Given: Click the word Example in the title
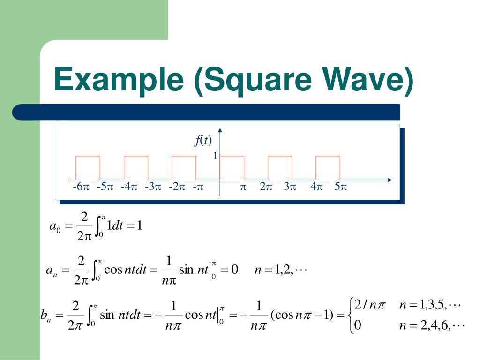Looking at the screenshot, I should point(119,79).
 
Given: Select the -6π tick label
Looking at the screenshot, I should point(81,187).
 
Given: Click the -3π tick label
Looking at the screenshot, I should point(153,187).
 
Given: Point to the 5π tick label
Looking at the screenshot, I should point(340,187).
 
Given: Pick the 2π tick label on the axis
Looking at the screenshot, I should point(266,187).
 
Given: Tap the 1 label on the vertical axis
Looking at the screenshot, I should point(215,156).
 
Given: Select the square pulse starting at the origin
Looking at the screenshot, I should point(232,167).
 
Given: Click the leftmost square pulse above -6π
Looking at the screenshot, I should point(88,167).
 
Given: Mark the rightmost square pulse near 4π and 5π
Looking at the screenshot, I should point(328,167).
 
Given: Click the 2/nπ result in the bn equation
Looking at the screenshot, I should point(370,306).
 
